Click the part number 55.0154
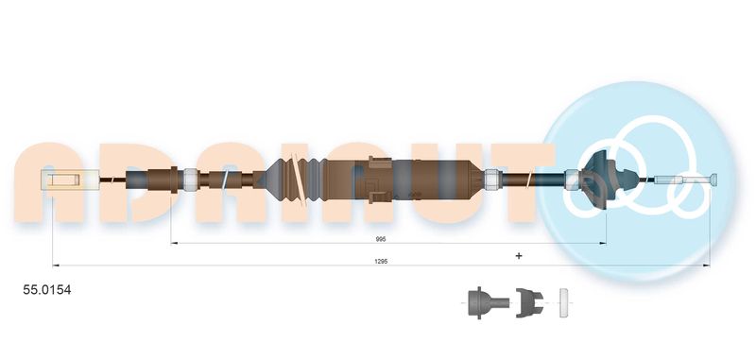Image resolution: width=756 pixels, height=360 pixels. tap(47, 290)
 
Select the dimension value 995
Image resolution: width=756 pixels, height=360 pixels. tap(381, 238)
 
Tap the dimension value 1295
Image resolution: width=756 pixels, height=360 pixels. tap(381, 261)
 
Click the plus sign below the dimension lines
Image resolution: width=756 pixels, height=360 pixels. tap(519, 255)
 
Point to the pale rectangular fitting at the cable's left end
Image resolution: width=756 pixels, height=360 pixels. tap(70, 180)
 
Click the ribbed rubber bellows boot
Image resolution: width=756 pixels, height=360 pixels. tap(294, 180)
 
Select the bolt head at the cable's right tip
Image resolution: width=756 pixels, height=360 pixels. tap(713, 180)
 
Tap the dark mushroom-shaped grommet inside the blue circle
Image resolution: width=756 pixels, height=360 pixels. tap(602, 180)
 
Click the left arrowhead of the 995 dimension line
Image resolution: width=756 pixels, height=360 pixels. tap(175, 244)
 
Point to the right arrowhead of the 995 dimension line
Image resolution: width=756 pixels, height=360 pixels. tap(603, 244)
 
